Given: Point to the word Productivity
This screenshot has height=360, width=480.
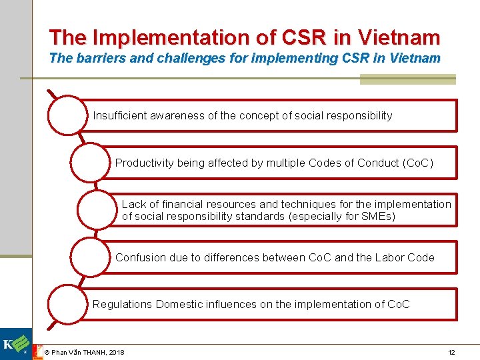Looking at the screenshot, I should click(145, 163).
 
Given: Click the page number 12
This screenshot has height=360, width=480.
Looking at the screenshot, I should click(451, 352).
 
